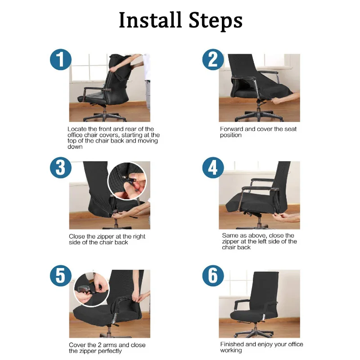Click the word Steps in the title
click(x=215, y=20)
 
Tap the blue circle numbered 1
click(x=60, y=60)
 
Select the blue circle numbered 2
click(x=213, y=60)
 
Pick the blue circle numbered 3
click(x=60, y=168)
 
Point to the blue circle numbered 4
click(x=213, y=168)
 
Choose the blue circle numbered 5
click(x=60, y=276)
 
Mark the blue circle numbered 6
click(x=213, y=276)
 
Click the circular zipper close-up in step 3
click(x=127, y=181)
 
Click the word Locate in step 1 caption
click(x=77, y=129)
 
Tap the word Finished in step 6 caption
click(x=232, y=344)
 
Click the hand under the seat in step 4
click(x=288, y=217)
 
